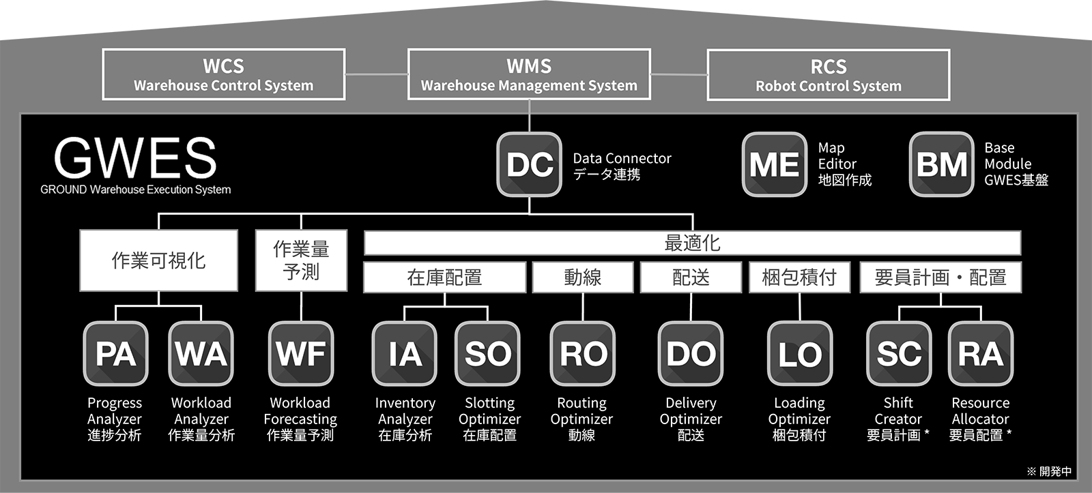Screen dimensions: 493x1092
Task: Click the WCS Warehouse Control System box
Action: (224, 74)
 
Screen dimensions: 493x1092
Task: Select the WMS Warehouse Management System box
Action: (529, 74)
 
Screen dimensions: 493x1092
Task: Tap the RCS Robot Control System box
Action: (829, 75)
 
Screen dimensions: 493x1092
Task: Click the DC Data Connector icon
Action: (530, 164)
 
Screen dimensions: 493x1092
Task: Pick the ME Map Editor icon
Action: (775, 164)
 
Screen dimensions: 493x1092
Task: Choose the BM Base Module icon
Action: (942, 164)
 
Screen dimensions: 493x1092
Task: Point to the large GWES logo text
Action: (135, 158)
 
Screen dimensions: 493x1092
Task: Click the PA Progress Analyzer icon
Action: (116, 353)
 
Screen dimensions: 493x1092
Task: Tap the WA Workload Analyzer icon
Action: (201, 353)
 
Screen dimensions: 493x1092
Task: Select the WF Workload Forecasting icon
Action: (301, 353)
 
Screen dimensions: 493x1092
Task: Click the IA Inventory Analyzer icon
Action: (405, 353)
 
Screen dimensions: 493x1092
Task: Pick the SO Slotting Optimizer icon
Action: (488, 353)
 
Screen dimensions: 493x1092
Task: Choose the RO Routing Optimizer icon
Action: (583, 353)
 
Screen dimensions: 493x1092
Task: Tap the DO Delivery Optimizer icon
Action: (691, 353)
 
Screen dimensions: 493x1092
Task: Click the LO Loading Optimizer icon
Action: (800, 353)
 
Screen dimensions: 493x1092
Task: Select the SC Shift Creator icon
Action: (899, 353)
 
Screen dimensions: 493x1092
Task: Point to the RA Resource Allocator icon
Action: (981, 353)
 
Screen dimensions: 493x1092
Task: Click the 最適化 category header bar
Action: (692, 243)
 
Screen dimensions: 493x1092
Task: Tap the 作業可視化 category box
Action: (159, 260)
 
